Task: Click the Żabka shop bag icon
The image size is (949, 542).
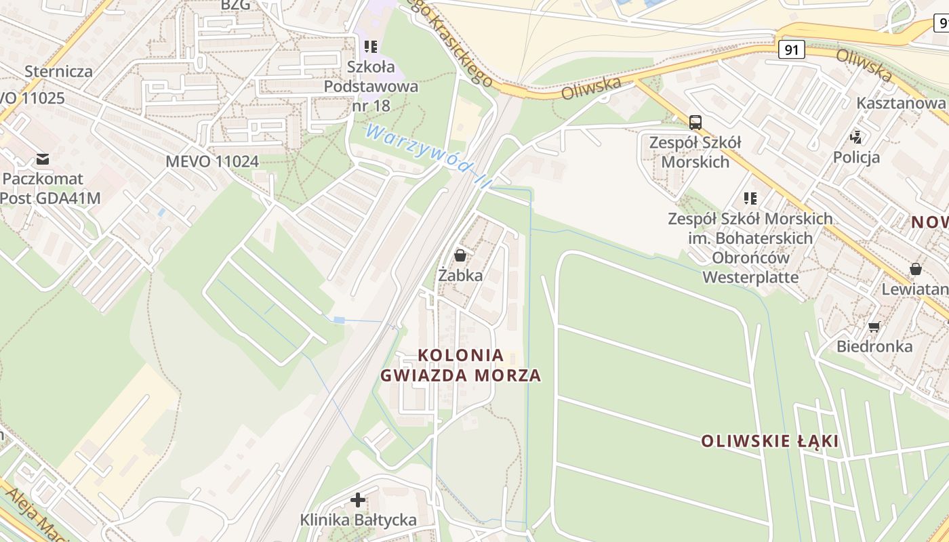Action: [x=460, y=255]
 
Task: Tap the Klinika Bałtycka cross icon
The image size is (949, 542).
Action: [x=358, y=500]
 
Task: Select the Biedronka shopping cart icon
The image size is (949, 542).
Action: [x=874, y=327]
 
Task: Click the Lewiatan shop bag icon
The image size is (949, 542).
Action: [x=916, y=269]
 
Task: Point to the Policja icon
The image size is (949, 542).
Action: [x=856, y=138]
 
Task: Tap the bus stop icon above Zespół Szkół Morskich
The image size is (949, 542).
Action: [x=695, y=123]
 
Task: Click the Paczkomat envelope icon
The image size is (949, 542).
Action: [x=43, y=159]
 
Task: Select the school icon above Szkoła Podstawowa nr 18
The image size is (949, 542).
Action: [x=370, y=47]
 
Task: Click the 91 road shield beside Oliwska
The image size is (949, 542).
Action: [x=791, y=49]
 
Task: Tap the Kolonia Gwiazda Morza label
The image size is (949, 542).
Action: [x=461, y=365]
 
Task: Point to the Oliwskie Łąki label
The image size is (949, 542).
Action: [x=769, y=442]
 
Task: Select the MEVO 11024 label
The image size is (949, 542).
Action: [x=212, y=161]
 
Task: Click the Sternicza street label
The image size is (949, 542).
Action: [x=58, y=71]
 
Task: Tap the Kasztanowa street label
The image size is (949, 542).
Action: [x=901, y=103]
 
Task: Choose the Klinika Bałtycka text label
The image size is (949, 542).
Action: [x=359, y=520]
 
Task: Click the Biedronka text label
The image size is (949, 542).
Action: [x=874, y=346]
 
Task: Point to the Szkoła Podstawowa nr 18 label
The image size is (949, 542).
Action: [x=371, y=86]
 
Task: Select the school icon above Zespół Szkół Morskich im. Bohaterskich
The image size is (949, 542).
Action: [x=750, y=199]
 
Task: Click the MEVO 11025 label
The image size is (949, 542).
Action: [x=33, y=98]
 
